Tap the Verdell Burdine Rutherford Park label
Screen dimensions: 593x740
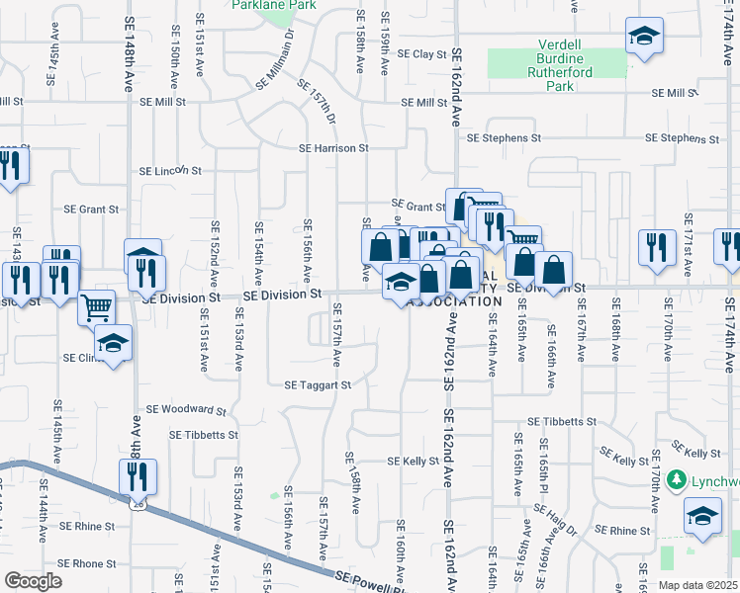point(558,65)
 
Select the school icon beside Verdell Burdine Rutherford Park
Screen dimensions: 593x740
point(644,39)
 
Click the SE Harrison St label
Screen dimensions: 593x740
point(334,148)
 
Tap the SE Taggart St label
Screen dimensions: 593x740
point(318,385)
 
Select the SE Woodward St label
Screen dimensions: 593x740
point(186,408)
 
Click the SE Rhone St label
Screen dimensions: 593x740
point(87,563)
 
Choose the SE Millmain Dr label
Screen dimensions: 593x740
point(277,59)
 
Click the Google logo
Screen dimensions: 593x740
point(33,581)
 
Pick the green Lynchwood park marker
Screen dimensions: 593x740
point(677,480)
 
